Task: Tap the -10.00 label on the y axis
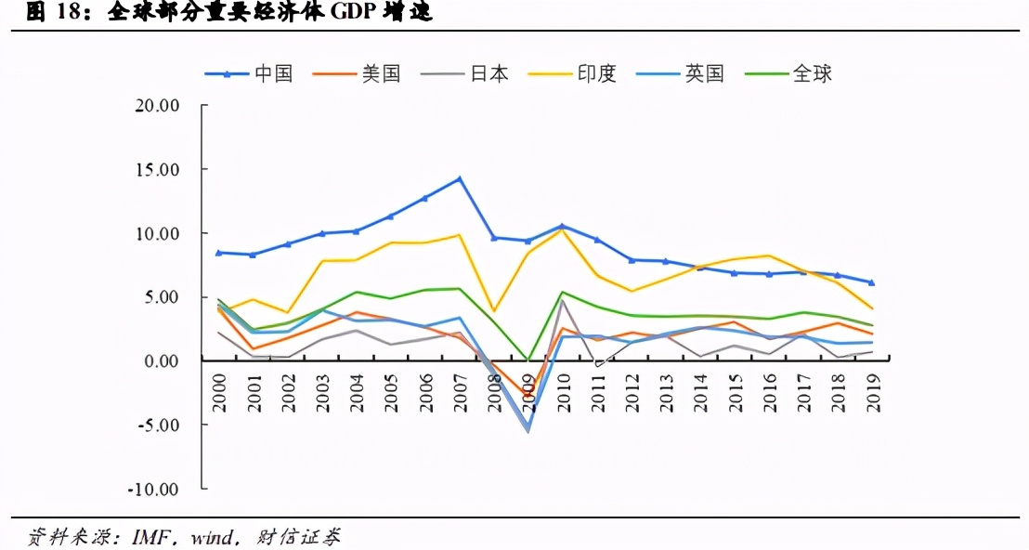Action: [153, 489]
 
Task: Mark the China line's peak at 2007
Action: [459, 178]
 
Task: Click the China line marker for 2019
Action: [872, 282]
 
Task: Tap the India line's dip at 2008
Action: [493, 310]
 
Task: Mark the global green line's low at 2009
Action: [528, 360]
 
